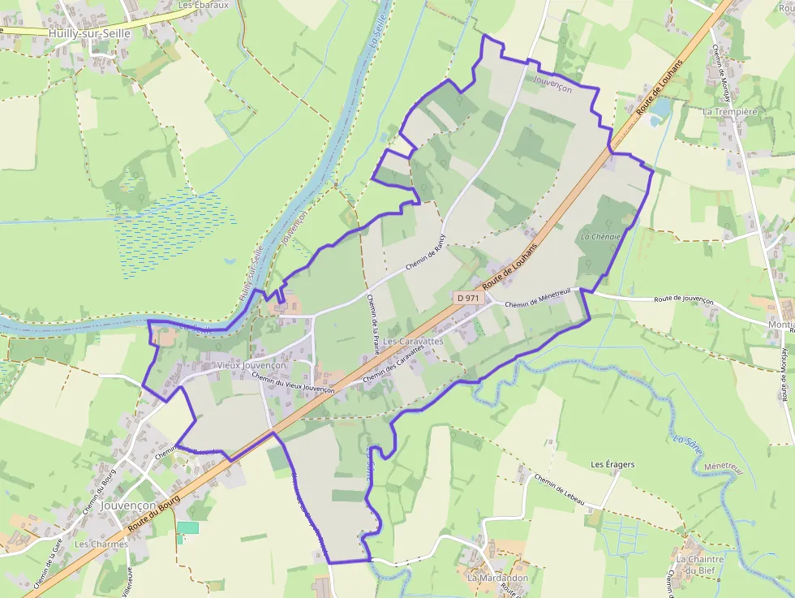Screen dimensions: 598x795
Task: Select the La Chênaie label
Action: click(601, 237)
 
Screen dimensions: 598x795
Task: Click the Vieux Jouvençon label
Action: click(251, 366)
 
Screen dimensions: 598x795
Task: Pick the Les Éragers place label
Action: click(612, 465)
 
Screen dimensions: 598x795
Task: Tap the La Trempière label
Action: click(729, 111)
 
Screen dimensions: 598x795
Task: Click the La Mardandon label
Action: click(497, 578)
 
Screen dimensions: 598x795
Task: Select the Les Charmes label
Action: click(101, 544)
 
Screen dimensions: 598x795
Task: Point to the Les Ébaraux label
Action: click(204, 5)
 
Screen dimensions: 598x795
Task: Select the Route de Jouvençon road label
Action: click(680, 299)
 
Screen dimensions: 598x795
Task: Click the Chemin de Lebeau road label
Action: click(559, 490)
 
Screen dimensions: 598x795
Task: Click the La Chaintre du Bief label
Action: click(699, 565)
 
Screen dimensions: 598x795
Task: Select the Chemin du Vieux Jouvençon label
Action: click(293, 383)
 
